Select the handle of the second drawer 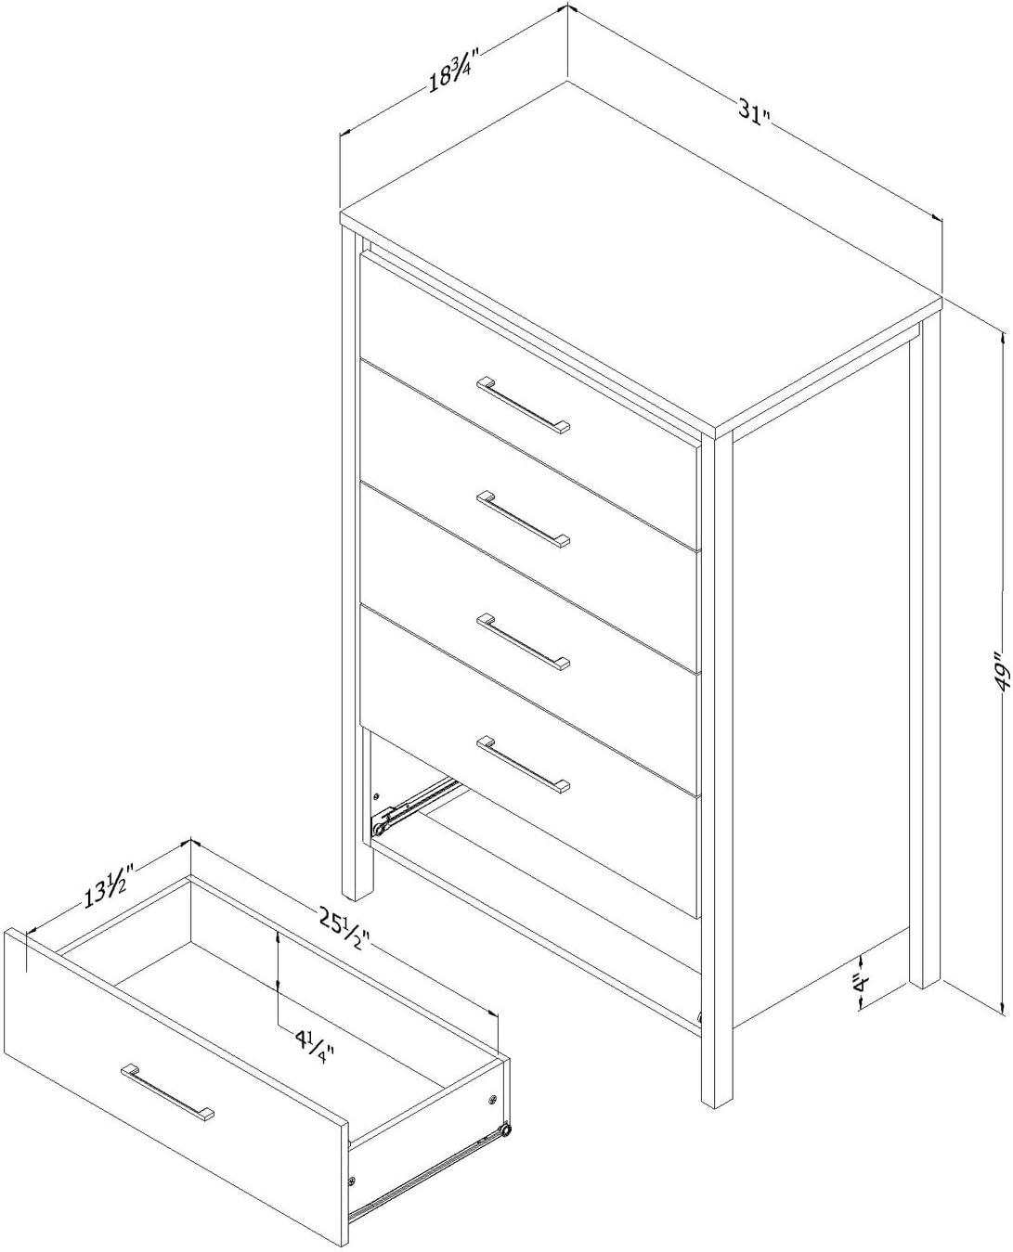[x=524, y=518]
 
